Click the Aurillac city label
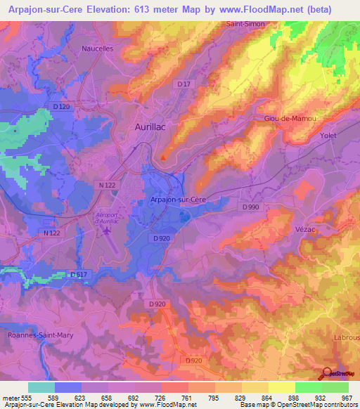click(150, 127)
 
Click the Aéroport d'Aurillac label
click(108, 217)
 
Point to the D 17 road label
click(184, 84)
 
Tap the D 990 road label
click(250, 207)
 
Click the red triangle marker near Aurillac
click(164, 157)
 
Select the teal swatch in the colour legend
click(41, 387)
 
